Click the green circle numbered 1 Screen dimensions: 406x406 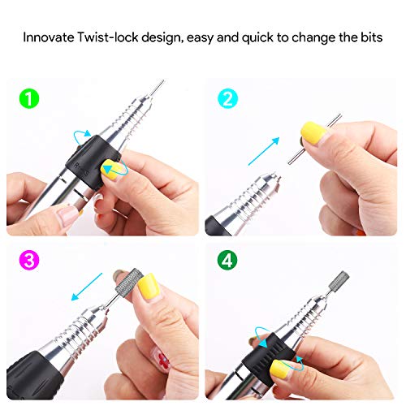click(29, 98)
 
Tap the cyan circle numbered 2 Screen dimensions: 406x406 click(227, 98)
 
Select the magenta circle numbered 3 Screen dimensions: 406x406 click(29, 260)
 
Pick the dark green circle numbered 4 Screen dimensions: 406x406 click(227, 260)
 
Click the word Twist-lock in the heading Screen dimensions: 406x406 click(108, 37)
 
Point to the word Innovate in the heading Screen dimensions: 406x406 click(49, 37)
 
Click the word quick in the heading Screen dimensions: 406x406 click(257, 37)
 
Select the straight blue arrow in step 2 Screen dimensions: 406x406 click(264, 151)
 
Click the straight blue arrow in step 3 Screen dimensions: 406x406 click(87, 287)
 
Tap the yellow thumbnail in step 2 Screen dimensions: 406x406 click(313, 132)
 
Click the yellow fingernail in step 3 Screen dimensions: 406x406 click(149, 286)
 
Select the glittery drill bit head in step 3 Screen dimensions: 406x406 click(129, 281)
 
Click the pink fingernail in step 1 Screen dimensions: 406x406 click(67, 215)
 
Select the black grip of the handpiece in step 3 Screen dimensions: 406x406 click(34, 375)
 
